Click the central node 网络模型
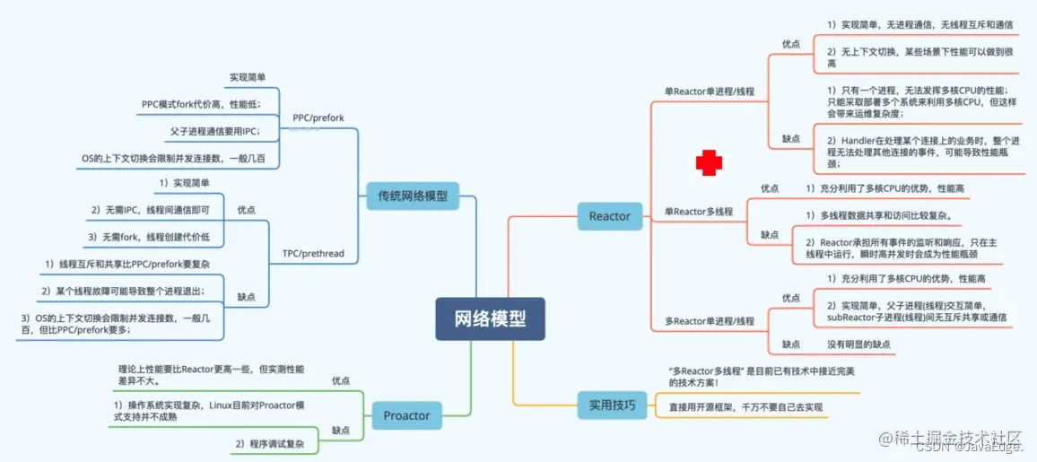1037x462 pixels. tap(490, 318)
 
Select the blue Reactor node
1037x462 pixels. tap(609, 215)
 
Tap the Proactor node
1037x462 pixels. tap(406, 415)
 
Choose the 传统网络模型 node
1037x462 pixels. tap(413, 195)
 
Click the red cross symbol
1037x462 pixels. tap(710, 163)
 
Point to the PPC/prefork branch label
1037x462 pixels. tap(318, 118)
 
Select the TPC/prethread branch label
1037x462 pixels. tap(314, 253)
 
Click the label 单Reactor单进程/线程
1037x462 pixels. tap(709, 91)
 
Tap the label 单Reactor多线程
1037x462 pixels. tap(698, 211)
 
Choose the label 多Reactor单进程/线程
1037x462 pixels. tap(709, 320)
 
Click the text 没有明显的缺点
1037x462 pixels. tap(858, 344)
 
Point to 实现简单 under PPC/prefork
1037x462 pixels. tap(253, 78)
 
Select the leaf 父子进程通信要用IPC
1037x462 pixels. tap(215, 131)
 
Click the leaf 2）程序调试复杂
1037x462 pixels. tap(269, 444)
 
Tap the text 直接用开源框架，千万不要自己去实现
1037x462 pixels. tap(745, 407)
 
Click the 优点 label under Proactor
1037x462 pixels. tap(341, 380)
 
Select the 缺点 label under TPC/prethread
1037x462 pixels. tap(246, 295)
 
